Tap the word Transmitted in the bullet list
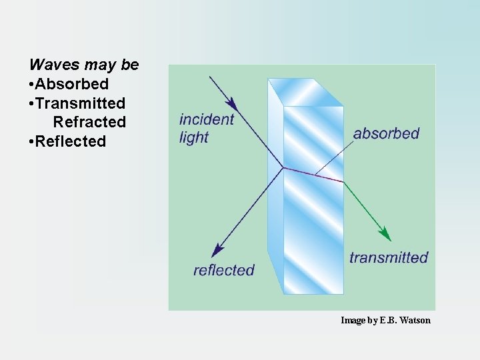pyautogui.click(x=81, y=103)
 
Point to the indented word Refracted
pyautogui.click(x=89, y=122)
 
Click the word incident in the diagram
pyautogui.click(x=207, y=119)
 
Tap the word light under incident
pyautogui.click(x=194, y=137)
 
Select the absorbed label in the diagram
pyautogui.click(x=386, y=133)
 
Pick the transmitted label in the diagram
pyautogui.click(x=389, y=257)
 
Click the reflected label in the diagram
pyautogui.click(x=224, y=270)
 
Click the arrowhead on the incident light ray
pyautogui.click(x=232, y=103)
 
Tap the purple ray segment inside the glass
pyautogui.click(x=313, y=175)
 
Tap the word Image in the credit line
pyautogui.click(x=352, y=321)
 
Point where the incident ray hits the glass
pyautogui.click(x=283, y=167)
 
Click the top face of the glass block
pyautogui.click(x=305, y=92)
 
